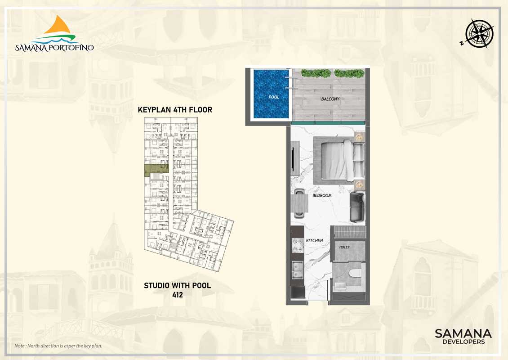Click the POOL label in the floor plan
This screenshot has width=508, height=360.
[274, 97]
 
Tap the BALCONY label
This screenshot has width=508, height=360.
[330, 99]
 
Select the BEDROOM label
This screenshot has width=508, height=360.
[322, 196]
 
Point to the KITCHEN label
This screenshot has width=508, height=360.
[315, 240]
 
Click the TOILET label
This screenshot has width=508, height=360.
[344, 247]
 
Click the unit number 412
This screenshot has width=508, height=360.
[178, 295]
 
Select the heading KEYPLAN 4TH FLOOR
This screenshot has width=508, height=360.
[175, 110]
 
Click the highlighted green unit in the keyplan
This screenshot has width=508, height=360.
[156, 169]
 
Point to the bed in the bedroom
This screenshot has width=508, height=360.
[339, 159]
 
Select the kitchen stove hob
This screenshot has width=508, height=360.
[298, 246]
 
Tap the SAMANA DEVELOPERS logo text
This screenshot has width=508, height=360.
[463, 336]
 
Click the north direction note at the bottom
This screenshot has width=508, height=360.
[58, 346]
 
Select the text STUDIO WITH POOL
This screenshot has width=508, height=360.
[178, 286]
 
